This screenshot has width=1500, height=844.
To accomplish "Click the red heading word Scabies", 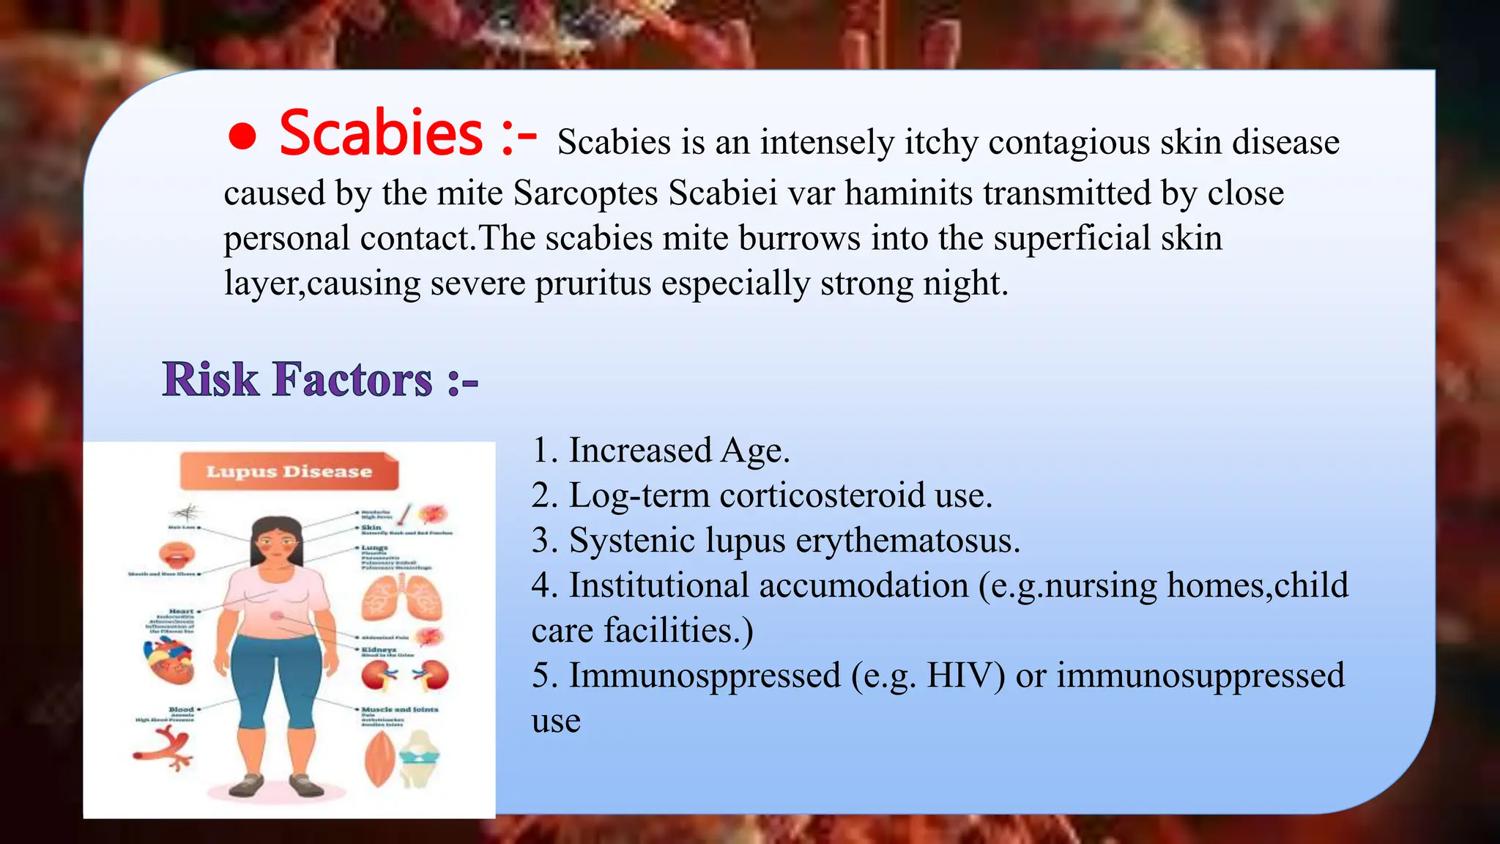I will (x=381, y=133).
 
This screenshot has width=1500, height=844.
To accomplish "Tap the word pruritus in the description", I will (x=593, y=284).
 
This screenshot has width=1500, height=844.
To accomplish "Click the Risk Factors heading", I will (x=320, y=380).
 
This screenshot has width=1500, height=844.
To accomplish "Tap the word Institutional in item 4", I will (x=659, y=586).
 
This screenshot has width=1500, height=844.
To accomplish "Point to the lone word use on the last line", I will (x=556, y=721).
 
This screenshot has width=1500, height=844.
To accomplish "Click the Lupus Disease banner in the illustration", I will (x=289, y=471).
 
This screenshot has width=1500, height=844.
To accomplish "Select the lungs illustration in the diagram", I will (x=401, y=598).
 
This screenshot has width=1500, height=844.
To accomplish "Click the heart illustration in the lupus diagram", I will (x=168, y=661).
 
